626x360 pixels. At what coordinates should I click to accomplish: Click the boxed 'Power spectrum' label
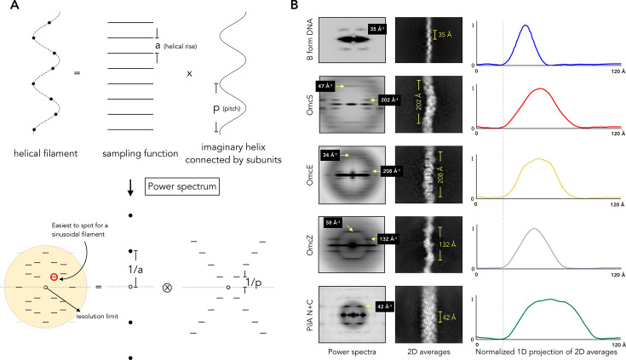tap(182, 186)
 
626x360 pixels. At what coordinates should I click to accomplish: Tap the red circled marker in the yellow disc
tap(54, 277)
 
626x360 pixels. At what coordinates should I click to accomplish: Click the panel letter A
tap(14, 5)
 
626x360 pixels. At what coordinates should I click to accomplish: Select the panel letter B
tap(294, 5)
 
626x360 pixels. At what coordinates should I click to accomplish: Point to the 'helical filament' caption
tap(45, 153)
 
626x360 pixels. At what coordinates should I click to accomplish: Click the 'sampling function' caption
tap(141, 153)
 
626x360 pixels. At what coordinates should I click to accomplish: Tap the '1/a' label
tap(135, 270)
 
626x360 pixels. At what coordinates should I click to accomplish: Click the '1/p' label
tap(254, 283)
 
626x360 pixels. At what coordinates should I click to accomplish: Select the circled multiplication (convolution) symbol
tap(167, 288)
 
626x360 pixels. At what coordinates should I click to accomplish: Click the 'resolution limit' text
tap(97, 317)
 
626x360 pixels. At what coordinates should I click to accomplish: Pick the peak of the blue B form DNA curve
tap(525, 26)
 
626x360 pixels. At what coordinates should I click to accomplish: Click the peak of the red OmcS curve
tap(540, 89)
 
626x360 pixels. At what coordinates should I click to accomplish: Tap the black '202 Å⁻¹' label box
tap(389, 100)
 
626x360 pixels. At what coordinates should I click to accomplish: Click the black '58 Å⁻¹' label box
tap(332, 222)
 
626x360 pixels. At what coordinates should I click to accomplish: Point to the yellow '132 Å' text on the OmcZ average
tap(447, 244)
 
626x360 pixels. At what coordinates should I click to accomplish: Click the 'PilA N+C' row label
tap(310, 315)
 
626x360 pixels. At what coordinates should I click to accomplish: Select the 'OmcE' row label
tap(310, 175)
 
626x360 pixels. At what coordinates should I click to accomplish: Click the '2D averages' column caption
tap(428, 352)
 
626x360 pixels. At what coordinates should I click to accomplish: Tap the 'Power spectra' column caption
tap(352, 352)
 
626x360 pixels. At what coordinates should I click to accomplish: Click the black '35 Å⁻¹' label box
tap(376, 29)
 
